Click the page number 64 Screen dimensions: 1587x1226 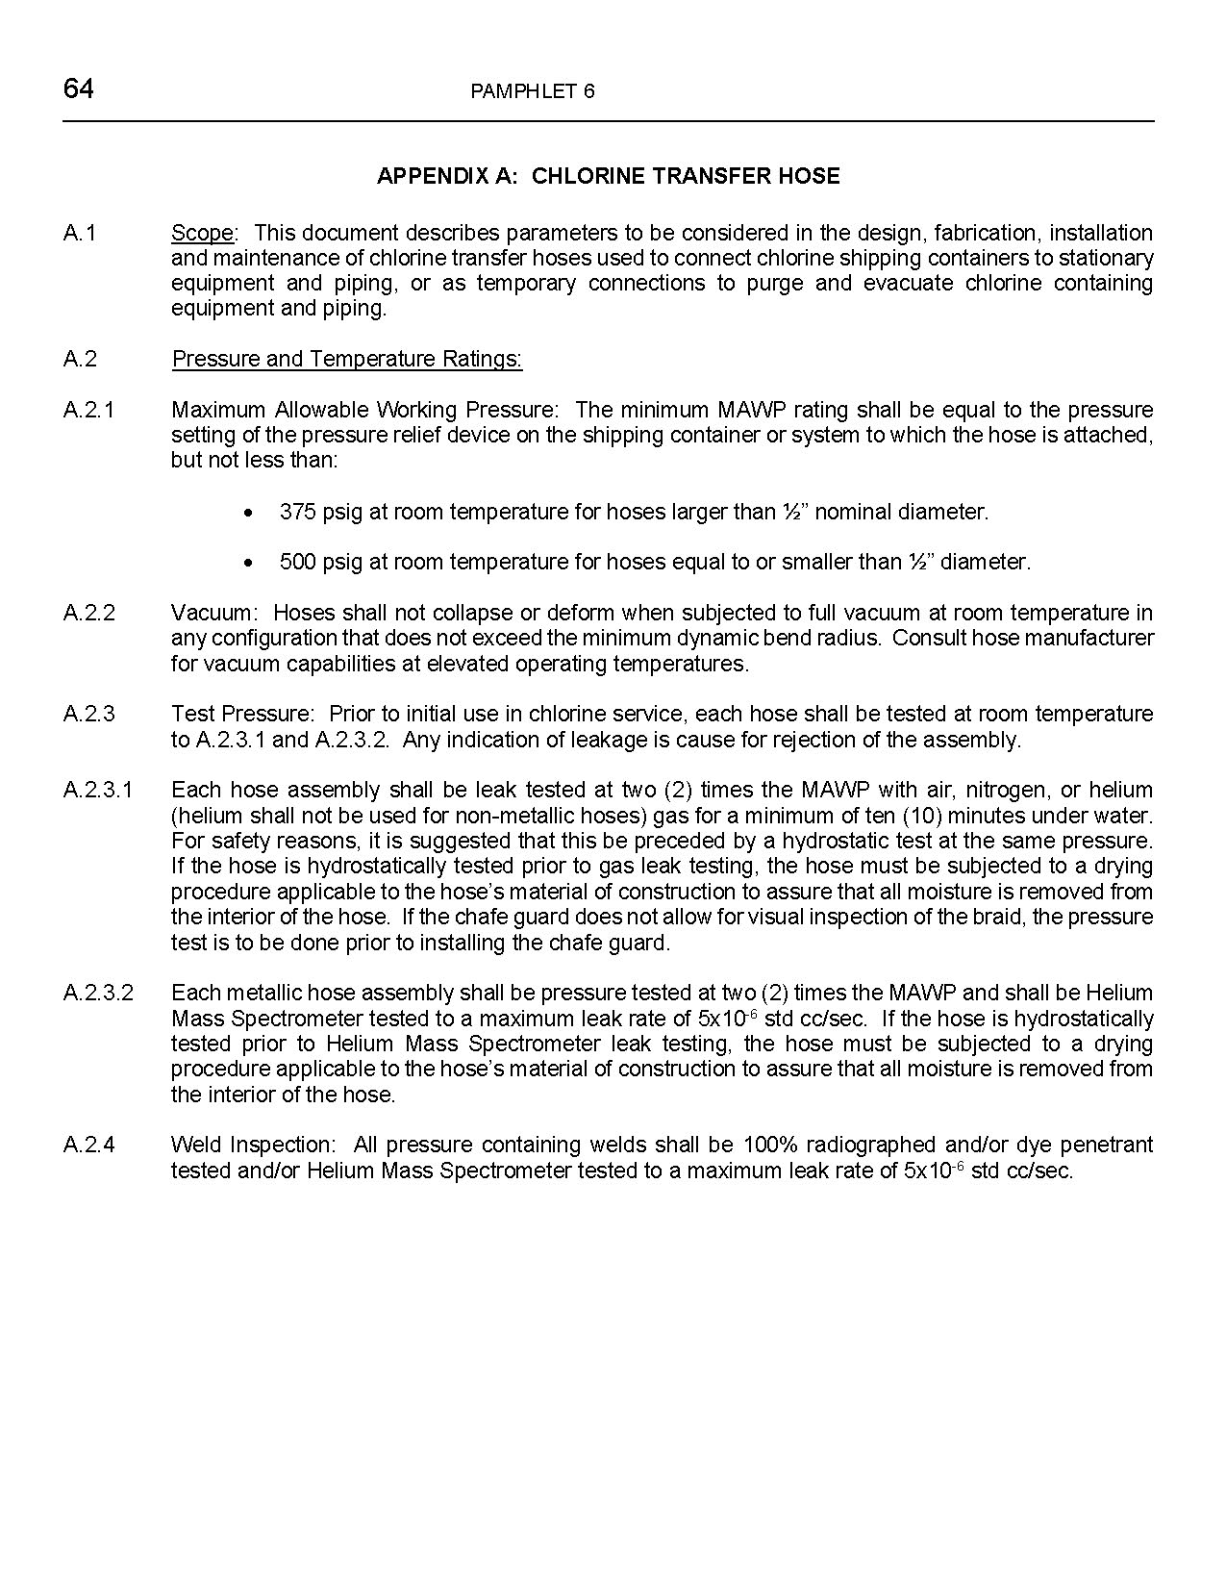click(78, 89)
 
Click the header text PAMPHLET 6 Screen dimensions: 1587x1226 click(533, 91)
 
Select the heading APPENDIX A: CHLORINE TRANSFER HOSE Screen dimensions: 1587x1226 click(608, 176)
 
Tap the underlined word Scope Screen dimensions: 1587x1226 click(202, 233)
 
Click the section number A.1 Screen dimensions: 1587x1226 click(80, 233)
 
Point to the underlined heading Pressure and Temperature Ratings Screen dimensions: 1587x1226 click(346, 359)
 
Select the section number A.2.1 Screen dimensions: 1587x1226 click(88, 410)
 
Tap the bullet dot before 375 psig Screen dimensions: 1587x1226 click(250, 513)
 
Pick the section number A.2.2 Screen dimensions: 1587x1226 click(89, 613)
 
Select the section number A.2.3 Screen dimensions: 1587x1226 click(89, 714)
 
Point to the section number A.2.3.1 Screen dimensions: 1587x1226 click(98, 790)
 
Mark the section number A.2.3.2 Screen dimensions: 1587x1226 click(98, 993)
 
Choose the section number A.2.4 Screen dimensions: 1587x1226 click(89, 1145)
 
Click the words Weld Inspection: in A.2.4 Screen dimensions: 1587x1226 click(253, 1145)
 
